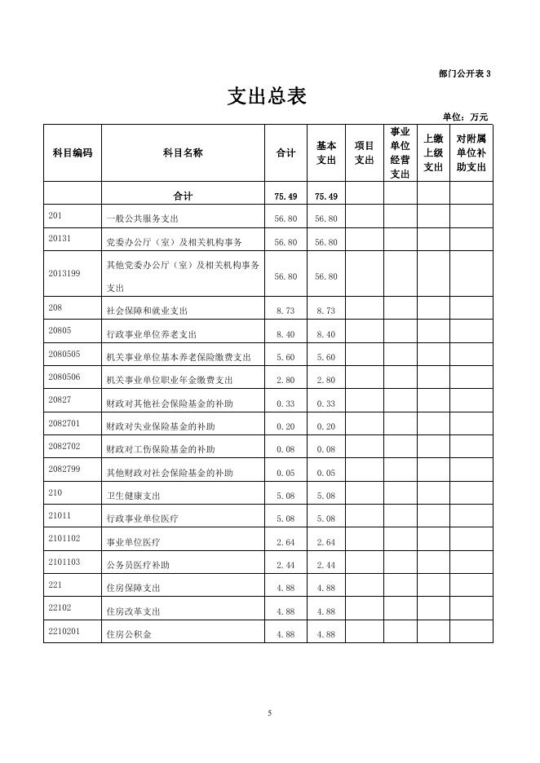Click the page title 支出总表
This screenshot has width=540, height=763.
[x=267, y=96]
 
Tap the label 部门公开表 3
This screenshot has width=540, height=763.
[x=464, y=73]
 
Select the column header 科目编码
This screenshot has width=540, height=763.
[x=73, y=152]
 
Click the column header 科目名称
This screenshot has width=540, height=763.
[x=183, y=152]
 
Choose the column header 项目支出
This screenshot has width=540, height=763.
[x=364, y=152]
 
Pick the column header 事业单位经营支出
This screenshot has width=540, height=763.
[x=400, y=152]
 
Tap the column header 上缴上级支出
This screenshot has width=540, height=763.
[x=433, y=152]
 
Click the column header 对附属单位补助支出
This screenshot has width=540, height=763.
[x=471, y=152]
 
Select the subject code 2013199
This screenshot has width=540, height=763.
[x=64, y=273]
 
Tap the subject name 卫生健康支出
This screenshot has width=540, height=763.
[x=134, y=496]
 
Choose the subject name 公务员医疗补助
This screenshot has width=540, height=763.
[x=139, y=565]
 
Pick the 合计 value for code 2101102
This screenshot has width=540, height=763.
[x=285, y=542]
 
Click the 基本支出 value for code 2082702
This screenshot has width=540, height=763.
[x=325, y=449]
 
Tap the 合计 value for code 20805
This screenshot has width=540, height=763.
[x=285, y=334]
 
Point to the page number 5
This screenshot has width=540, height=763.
[x=269, y=713]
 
